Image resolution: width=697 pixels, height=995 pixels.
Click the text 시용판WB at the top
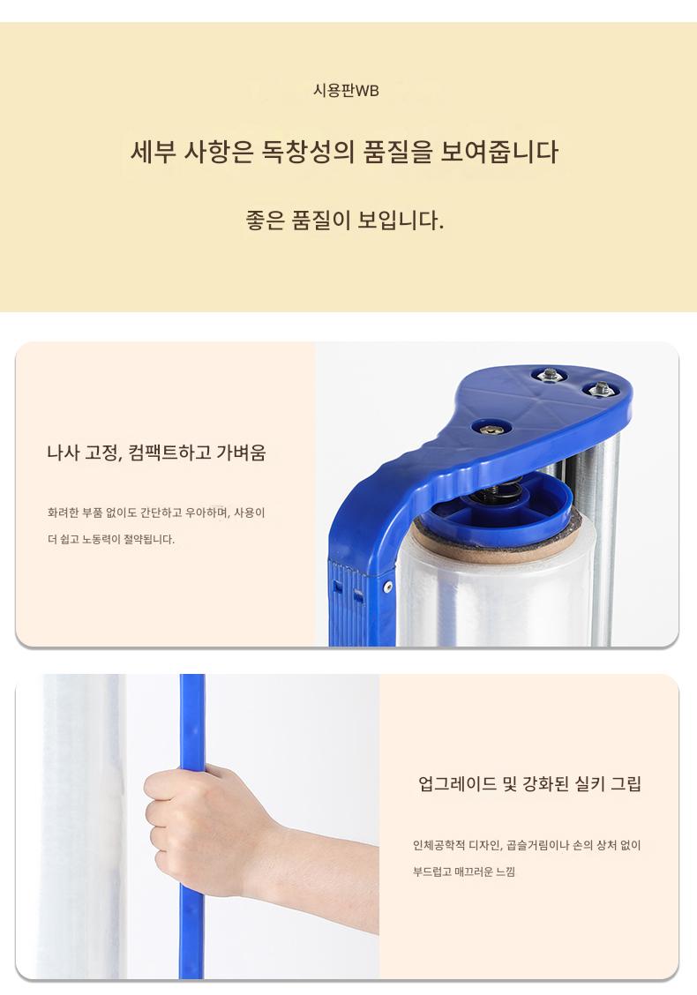(346, 91)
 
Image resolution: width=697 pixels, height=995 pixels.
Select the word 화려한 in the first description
(63, 512)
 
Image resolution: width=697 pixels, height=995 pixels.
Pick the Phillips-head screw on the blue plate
(491, 430)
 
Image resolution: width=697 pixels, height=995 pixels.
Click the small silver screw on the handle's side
(388, 587)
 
